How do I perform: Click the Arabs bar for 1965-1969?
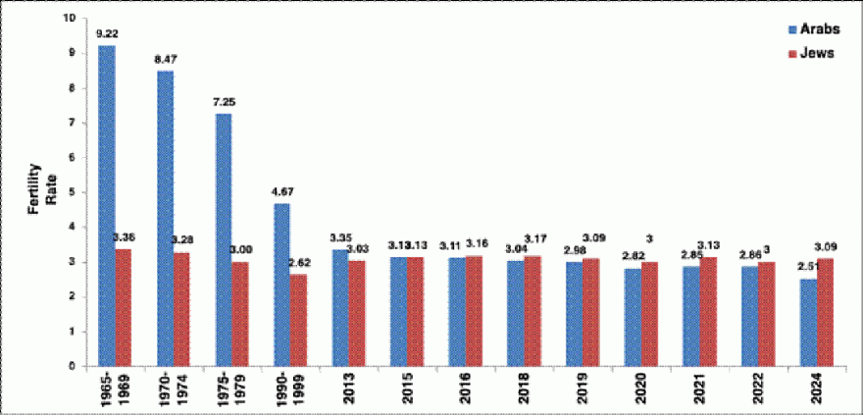tap(106, 206)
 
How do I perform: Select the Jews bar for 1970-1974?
tap(181, 309)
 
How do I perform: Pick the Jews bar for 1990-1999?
tap(298, 320)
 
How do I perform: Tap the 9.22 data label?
tap(106, 33)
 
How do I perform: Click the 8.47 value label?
tap(165, 60)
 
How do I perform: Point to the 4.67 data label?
tap(281, 193)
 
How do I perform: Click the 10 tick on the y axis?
tap(67, 19)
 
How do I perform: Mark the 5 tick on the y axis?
tap(71, 192)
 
